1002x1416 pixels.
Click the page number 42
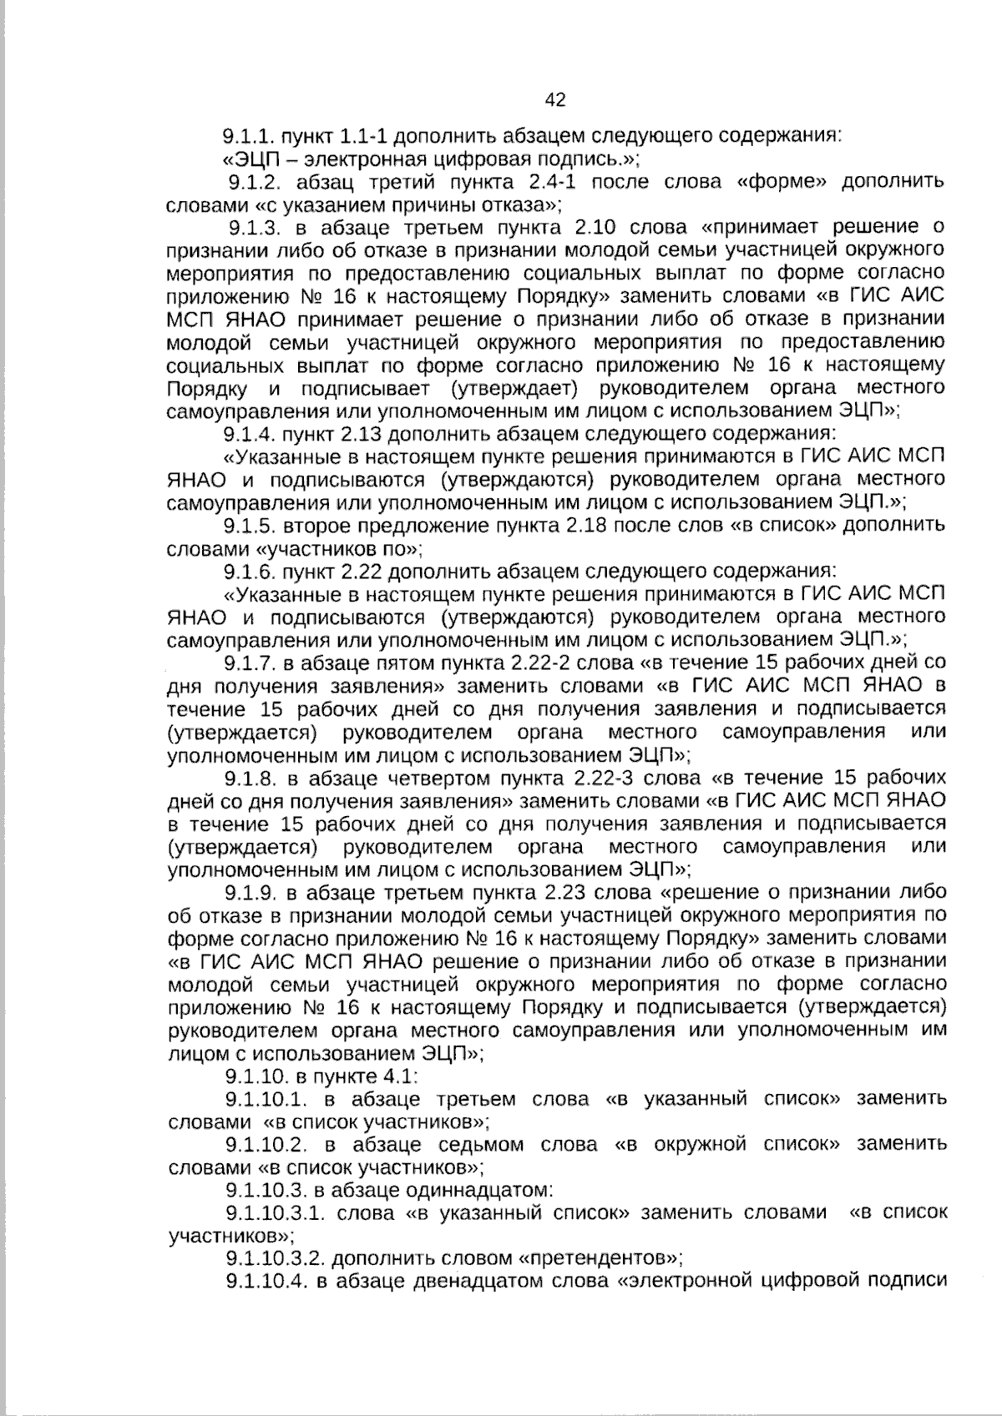pos(554,101)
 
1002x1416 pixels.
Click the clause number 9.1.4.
pos(250,433)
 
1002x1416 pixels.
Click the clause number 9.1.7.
pos(250,663)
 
